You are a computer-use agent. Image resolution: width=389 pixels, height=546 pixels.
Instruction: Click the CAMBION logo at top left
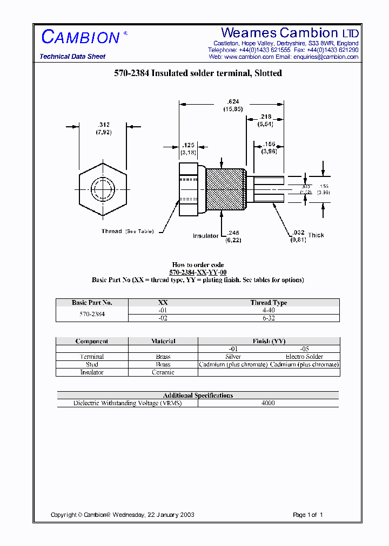pos(81,37)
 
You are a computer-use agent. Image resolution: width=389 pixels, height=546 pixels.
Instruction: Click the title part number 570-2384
pos(131,73)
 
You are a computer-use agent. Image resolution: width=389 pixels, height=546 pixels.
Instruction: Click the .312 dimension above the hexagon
pos(103,124)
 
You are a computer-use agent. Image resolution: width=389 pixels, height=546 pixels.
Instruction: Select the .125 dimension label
pos(187,146)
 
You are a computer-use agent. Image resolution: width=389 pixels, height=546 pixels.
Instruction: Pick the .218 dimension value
pos(265,117)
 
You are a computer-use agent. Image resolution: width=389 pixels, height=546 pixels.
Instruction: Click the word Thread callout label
pos(112,231)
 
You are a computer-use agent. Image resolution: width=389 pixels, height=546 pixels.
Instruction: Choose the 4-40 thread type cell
pos(269,310)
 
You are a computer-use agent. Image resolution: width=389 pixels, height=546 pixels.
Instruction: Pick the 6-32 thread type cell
pos(269,318)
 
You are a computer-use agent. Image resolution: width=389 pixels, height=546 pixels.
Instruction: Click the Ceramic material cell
pos(163,372)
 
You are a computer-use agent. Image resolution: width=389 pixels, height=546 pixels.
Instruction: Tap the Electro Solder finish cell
pos(304,357)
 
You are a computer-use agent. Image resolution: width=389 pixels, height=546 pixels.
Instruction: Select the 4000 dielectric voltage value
pos(268,403)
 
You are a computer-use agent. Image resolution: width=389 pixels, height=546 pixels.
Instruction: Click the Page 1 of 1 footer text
pos(307,515)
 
